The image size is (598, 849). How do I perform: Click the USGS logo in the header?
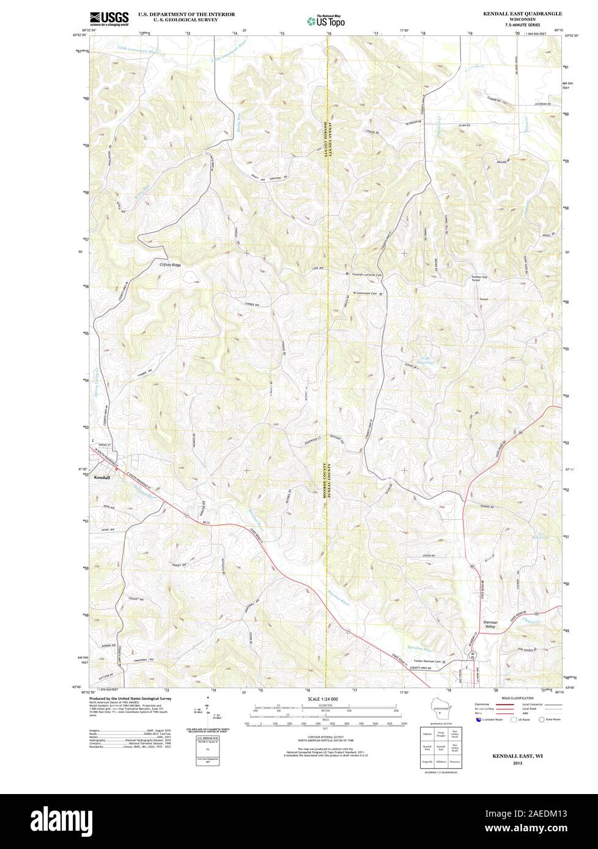point(109,18)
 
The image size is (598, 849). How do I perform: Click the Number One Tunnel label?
point(482,278)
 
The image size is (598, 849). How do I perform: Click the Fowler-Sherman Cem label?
point(424,662)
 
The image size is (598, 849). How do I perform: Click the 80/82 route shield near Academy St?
point(473,655)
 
